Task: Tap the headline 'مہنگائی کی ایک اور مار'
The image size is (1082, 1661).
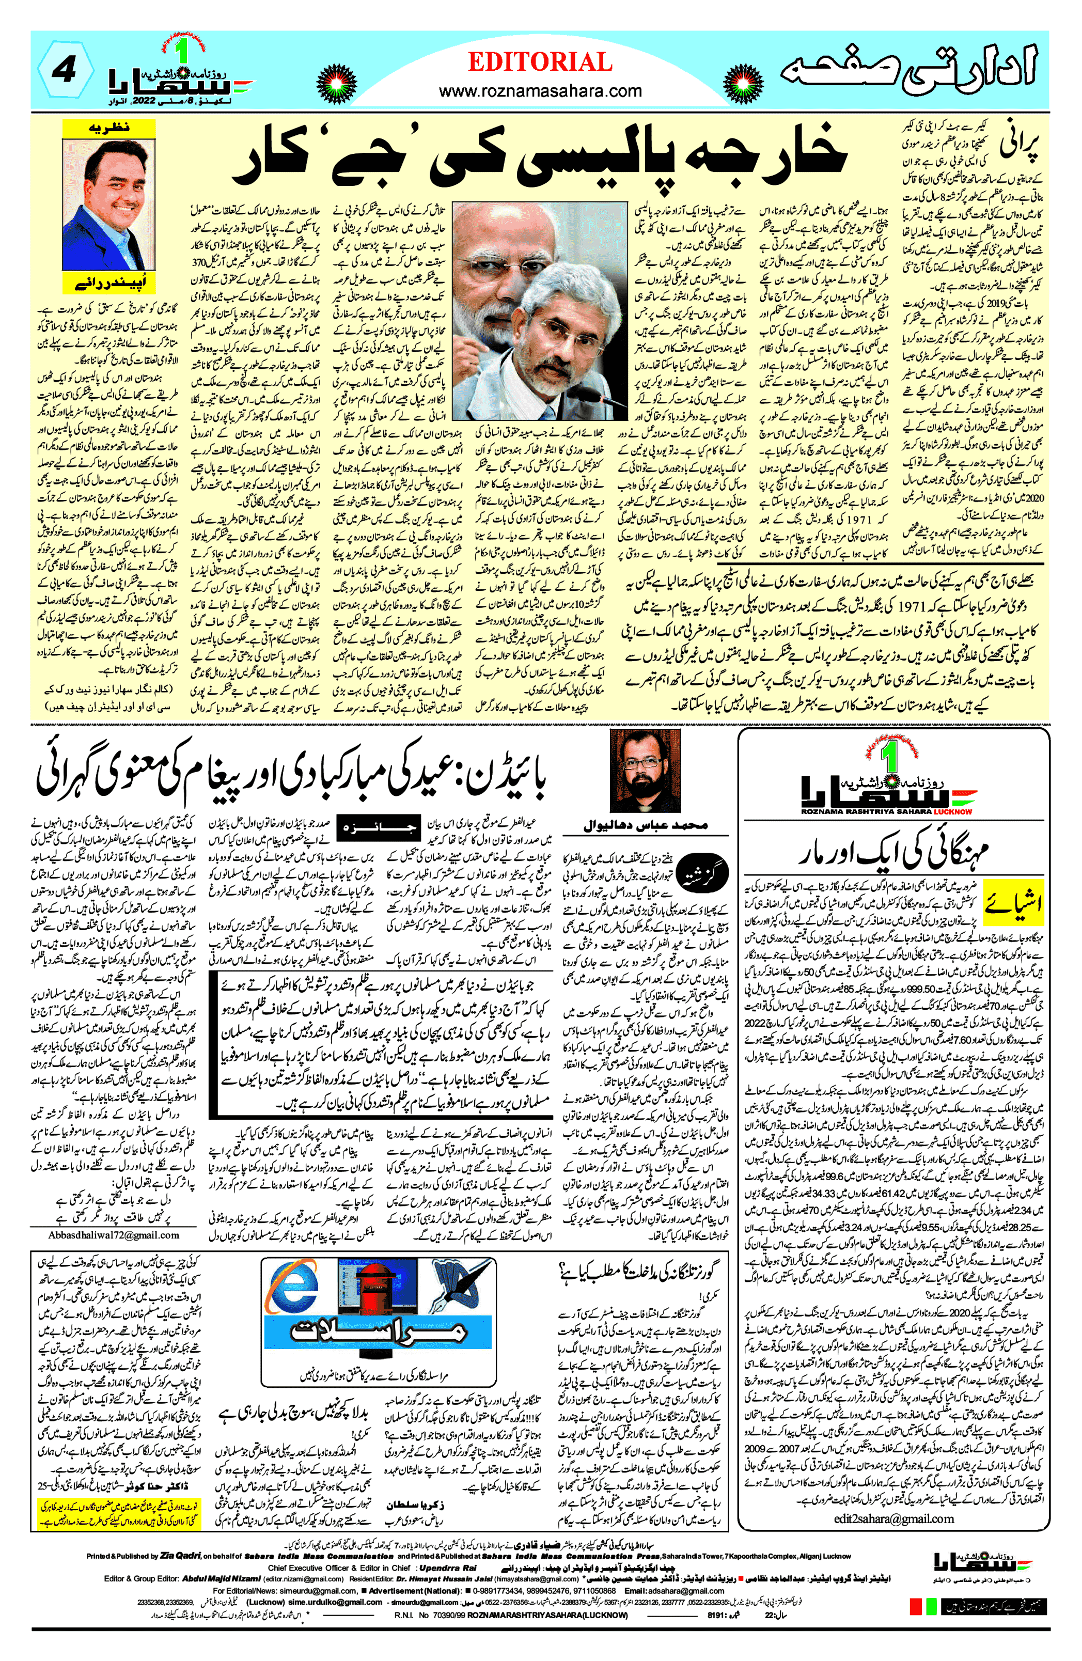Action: tap(893, 852)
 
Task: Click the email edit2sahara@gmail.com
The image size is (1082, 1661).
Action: tap(893, 1499)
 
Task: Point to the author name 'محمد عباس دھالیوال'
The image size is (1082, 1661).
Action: tap(645, 825)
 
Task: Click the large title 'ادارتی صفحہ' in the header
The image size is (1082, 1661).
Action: tap(907, 70)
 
